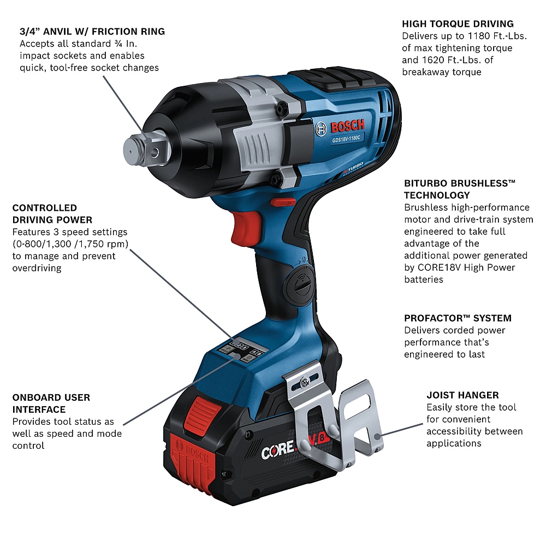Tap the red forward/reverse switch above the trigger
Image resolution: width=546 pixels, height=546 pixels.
point(283,201)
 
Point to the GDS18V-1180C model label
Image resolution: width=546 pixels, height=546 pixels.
point(346,139)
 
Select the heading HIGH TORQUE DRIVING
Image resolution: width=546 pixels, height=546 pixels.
point(458,23)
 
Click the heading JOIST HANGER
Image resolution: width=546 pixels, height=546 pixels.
point(462,395)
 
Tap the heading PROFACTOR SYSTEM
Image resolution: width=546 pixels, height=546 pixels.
point(458,318)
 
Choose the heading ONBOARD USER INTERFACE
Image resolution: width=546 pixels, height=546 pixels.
point(51,403)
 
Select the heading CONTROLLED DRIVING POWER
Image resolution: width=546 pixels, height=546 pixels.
point(52,213)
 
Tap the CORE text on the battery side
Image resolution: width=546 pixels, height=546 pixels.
point(276,452)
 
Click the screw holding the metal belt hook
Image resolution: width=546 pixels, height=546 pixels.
point(305,382)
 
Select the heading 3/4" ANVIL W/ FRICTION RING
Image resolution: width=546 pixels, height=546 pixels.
point(92,31)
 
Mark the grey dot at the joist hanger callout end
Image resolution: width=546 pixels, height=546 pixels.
point(377,436)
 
